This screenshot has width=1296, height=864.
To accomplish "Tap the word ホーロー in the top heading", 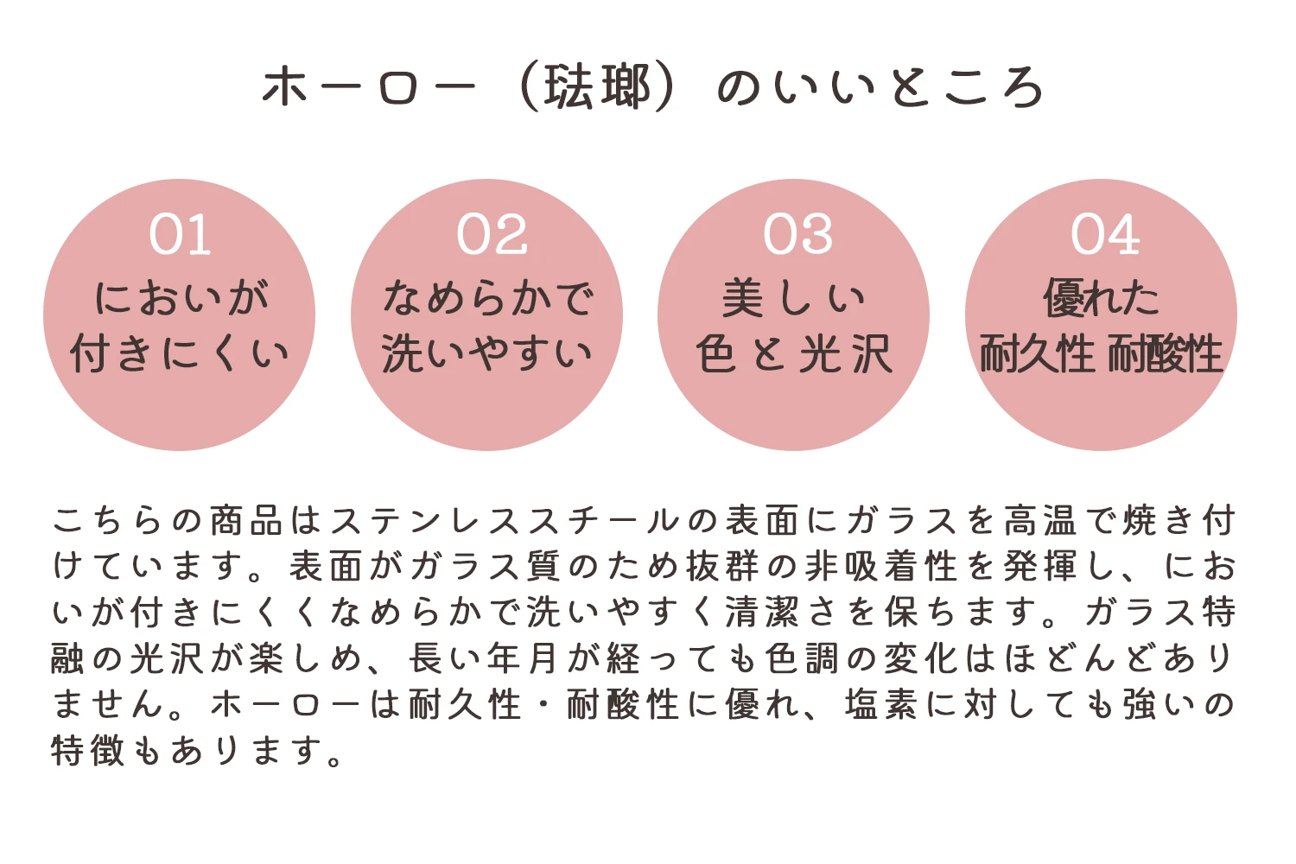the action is (369, 87).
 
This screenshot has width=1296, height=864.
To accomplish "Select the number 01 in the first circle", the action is (180, 234).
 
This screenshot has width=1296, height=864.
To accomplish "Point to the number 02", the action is (492, 234).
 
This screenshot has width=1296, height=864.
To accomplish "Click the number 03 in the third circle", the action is (798, 234).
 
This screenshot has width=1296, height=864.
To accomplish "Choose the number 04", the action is (1105, 234).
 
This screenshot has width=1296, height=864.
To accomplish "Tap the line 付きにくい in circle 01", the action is (180, 353).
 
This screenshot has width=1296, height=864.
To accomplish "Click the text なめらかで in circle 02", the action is (488, 298).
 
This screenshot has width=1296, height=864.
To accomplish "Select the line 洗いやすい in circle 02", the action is (486, 353).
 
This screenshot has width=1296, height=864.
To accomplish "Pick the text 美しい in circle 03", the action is (793, 298).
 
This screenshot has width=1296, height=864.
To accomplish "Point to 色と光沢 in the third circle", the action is (793, 353).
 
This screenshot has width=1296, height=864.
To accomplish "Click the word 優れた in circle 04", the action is (1101, 298).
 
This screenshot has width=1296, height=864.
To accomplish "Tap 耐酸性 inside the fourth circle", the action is (1165, 353).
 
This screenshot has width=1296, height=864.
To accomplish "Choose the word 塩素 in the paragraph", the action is (881, 704).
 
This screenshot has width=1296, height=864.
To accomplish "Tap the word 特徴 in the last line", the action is (88, 751).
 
